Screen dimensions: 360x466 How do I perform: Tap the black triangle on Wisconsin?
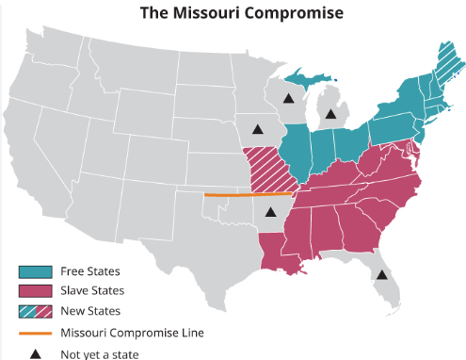click(290, 97)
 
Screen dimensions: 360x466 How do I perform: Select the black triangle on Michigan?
click(330, 113)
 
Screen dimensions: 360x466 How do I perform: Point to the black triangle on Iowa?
click(257, 129)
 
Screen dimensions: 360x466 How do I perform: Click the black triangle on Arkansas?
click(270, 212)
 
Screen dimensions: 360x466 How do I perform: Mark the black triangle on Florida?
click(380, 275)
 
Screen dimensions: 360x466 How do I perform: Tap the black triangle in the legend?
click(33, 353)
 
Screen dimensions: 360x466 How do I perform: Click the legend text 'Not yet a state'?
click(99, 354)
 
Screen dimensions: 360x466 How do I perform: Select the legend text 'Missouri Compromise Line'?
click(131, 332)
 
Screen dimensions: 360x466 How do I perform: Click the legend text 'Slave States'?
click(92, 291)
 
